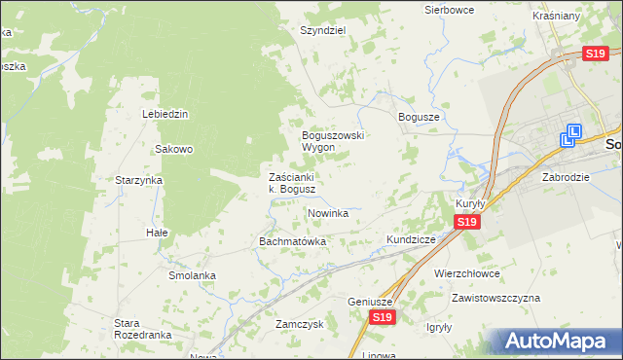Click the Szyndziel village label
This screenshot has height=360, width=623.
(323, 30)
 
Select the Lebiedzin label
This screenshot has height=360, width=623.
(165, 114)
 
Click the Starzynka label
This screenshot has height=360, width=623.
(138, 180)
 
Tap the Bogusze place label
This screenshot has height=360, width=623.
(420, 117)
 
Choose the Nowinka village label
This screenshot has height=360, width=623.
(328, 212)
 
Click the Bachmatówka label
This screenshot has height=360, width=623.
(292, 240)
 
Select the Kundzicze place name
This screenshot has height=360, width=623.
(416, 238)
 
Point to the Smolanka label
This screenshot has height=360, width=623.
(192, 275)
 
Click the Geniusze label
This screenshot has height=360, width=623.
(370, 302)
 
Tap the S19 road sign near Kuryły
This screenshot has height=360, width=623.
(467, 223)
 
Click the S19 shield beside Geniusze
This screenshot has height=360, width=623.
(383, 318)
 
